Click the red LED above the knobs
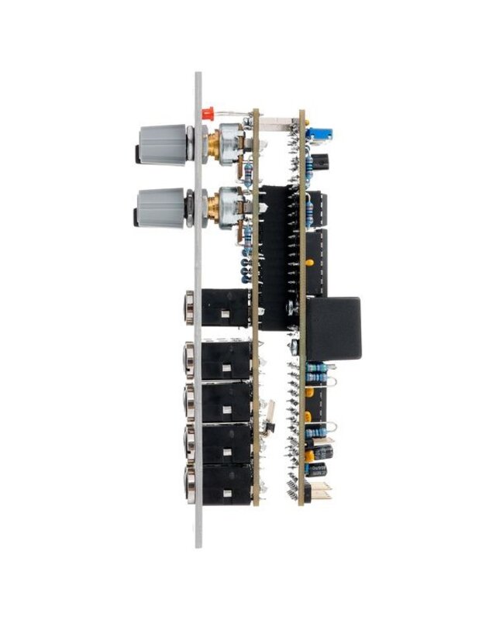[207, 113]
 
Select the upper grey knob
[160, 144]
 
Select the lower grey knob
[160, 207]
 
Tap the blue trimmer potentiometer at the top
[315, 133]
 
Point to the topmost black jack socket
[225, 308]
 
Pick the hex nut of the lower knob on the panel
[189, 207]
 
